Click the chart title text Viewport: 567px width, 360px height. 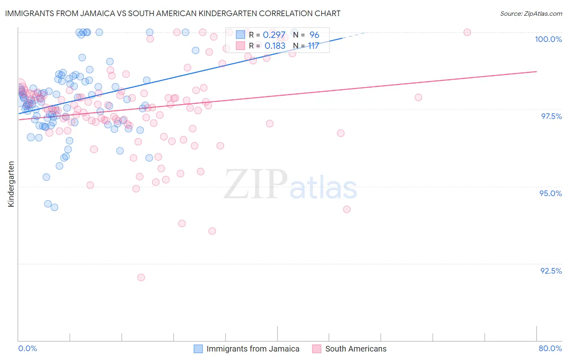pos(173,13)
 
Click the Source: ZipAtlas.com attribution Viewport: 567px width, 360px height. pos(531,13)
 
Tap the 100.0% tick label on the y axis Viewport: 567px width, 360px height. pos(548,39)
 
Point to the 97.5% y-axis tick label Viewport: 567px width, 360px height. pos(551,116)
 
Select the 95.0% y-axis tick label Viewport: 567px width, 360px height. pos(550,193)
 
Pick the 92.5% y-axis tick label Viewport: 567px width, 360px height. pos(551,271)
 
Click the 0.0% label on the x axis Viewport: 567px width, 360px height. pos(27,348)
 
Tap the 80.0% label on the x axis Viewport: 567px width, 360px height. pos(550,348)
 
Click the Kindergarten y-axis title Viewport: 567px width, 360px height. pos(11,184)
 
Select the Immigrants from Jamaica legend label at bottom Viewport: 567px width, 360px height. pos(253,349)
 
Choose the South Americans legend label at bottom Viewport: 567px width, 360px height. pos(356,349)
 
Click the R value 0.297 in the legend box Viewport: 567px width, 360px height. pos(274,35)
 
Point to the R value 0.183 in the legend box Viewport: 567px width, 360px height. pos(275,46)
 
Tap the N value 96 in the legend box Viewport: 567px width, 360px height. pos(314,35)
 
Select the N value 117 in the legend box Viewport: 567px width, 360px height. pos(313,46)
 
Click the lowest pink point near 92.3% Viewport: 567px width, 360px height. pos(141,277)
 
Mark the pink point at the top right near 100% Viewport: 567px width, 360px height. pos(467,32)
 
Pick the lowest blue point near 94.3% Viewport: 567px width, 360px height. pos(54,207)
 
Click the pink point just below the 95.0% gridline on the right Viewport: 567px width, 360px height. pos(347,209)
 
